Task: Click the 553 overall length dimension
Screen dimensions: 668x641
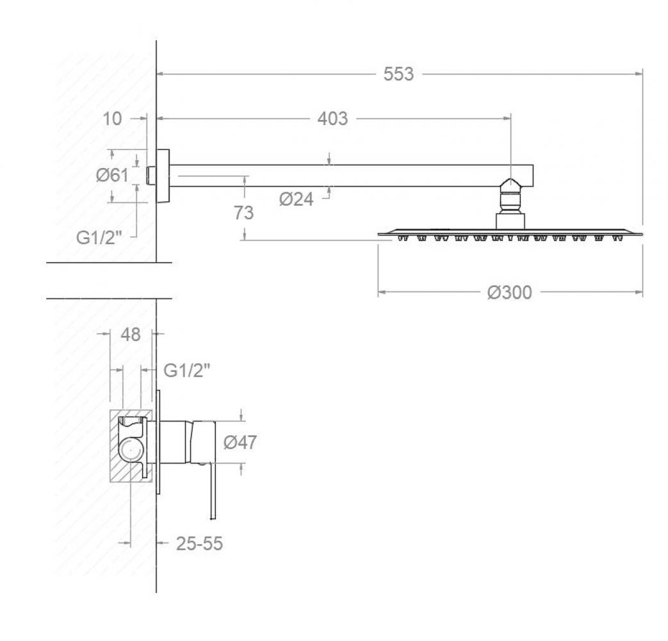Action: coord(398,74)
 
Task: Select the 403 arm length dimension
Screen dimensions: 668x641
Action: coord(332,118)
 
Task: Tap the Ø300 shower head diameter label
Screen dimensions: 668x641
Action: coord(510,292)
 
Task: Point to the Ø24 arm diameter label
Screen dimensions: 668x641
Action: coord(296,199)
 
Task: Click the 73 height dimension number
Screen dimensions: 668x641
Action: coord(243,212)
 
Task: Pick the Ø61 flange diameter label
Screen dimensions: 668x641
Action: coord(112,175)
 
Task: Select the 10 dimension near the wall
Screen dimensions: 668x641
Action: coord(112,119)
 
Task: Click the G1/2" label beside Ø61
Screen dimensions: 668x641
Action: coord(99,238)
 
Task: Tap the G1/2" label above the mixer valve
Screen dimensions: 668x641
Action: coord(186,370)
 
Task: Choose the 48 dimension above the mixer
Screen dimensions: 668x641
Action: coord(131,335)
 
